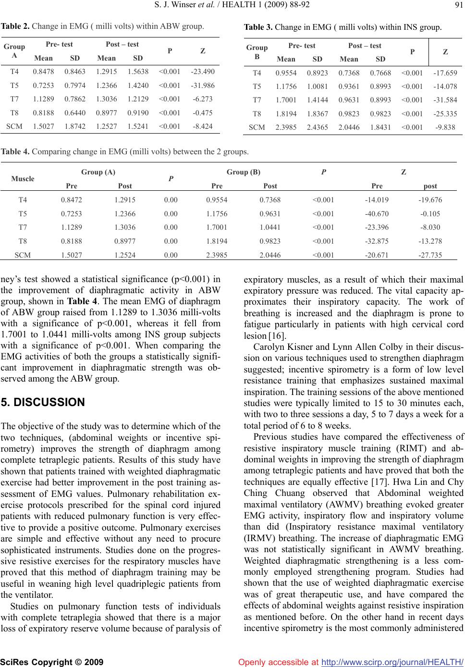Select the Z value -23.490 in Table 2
tap(202, 72)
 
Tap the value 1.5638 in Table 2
tap(138, 72)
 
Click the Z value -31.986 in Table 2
tap(202, 86)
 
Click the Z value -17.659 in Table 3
tap(445, 73)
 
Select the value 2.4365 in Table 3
tap(318, 129)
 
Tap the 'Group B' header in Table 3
tap(257, 52)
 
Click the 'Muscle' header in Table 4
tap(23, 178)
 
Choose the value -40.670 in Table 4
tap(377, 213)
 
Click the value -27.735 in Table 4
tap(430, 255)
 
